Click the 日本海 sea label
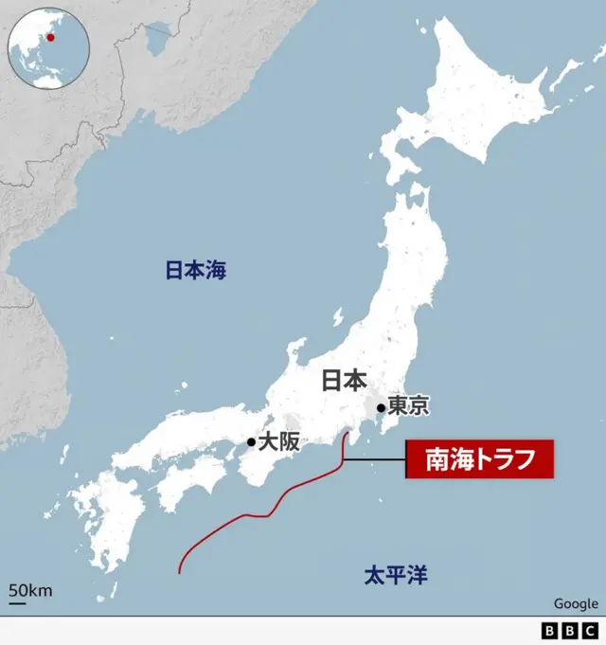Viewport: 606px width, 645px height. pyautogui.click(x=196, y=271)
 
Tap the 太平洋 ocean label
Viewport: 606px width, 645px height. pyautogui.click(x=396, y=574)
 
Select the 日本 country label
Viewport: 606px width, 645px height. pyautogui.click(x=344, y=381)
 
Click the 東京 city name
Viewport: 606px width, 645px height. pyautogui.click(x=408, y=406)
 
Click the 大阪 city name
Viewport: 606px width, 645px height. pyautogui.click(x=281, y=441)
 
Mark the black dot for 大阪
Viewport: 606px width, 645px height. pyautogui.click(x=251, y=441)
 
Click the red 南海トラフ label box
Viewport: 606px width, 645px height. pyautogui.click(x=478, y=460)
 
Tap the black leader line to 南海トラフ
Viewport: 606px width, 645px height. pyautogui.click(x=375, y=460)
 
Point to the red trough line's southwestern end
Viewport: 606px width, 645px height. pyautogui.click(x=180, y=571)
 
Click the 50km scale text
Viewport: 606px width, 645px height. pyautogui.click(x=30, y=591)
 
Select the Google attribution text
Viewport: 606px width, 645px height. pyautogui.click(x=576, y=603)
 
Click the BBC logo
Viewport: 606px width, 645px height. pyautogui.click(x=568, y=631)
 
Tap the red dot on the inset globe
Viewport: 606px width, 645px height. pyautogui.click(x=50, y=38)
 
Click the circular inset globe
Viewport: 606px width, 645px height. pyautogui.click(x=47, y=46)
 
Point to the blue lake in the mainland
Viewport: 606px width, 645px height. pyautogui.click(x=158, y=40)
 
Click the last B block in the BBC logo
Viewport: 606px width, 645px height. pyautogui.click(x=588, y=631)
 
